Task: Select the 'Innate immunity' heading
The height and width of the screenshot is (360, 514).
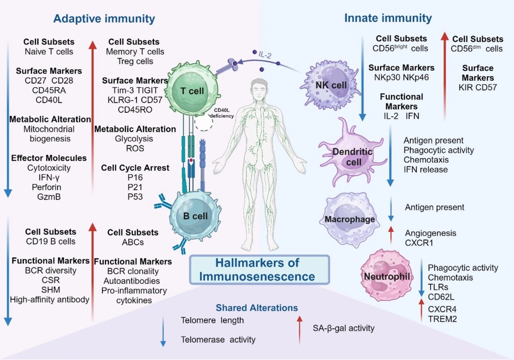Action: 388,18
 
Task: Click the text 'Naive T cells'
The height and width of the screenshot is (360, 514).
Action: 49,52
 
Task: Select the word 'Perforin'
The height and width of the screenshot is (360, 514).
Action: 49,187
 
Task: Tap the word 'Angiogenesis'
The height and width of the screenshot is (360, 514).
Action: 430,233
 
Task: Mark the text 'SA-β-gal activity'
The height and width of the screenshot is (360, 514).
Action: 343,329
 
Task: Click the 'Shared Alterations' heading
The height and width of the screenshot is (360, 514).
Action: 257,308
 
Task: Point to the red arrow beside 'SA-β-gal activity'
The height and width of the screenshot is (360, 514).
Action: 299,329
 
